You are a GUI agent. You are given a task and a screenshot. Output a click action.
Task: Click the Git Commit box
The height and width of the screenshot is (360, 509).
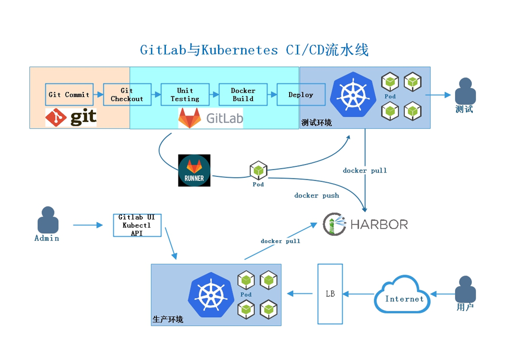coord(68,94)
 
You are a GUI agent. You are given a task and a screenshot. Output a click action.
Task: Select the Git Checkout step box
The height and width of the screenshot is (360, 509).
coord(127,94)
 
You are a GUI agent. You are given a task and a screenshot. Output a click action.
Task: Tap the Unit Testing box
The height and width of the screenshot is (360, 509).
coord(185,94)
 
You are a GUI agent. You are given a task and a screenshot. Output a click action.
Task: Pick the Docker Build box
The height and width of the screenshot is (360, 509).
coord(243,94)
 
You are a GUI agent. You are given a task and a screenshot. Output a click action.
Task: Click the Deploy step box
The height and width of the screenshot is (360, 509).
coord(301,94)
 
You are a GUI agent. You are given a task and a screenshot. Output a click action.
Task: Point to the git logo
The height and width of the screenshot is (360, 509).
coord(71,117)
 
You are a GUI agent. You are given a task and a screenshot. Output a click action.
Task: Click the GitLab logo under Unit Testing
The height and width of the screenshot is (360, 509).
coord(211,118)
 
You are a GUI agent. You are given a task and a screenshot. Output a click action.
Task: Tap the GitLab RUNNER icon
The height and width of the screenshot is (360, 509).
coord(194,170)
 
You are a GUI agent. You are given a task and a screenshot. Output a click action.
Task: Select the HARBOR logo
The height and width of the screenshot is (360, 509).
coord(365,224)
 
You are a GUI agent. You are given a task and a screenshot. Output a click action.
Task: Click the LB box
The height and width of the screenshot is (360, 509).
coord(330,293)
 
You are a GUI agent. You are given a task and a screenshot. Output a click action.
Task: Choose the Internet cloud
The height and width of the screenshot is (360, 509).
coord(402,295)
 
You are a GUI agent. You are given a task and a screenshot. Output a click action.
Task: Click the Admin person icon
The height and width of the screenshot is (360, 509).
coord(47,221)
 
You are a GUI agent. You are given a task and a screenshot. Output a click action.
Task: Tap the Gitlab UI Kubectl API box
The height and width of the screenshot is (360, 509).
coord(137,225)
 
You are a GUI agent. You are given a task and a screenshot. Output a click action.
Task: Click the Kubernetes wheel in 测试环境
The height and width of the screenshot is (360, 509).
coord(353,95)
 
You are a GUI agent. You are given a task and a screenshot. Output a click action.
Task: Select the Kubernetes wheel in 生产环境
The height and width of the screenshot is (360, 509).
coord(211,293)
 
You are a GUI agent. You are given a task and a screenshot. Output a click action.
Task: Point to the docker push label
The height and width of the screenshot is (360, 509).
coord(317,196)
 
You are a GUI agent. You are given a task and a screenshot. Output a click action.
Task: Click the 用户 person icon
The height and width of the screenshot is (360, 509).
coord(465,289)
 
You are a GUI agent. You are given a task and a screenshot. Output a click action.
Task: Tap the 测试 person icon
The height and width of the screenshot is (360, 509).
coord(465,92)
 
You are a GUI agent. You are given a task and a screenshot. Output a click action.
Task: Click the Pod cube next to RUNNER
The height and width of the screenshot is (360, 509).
coord(258,171)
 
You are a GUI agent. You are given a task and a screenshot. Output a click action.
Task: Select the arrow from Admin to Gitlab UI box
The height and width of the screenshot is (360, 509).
coord(88,225)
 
